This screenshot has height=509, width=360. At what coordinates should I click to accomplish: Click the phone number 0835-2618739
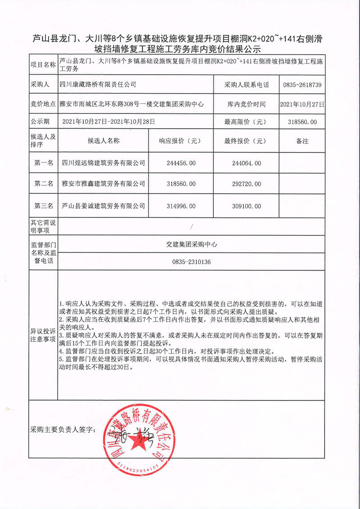click(x=302, y=85)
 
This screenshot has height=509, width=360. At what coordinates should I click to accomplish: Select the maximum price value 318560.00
click(x=302, y=122)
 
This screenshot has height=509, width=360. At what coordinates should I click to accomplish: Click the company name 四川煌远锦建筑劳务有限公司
click(x=103, y=163)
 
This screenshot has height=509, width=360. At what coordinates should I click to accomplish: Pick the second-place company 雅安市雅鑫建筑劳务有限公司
click(x=103, y=184)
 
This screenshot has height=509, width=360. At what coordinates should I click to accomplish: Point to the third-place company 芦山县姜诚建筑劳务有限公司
click(x=103, y=206)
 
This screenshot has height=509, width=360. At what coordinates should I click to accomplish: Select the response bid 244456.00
click(x=177, y=163)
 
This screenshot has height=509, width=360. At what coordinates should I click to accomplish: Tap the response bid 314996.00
click(x=177, y=206)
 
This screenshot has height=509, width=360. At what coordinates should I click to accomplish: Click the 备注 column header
click(x=302, y=141)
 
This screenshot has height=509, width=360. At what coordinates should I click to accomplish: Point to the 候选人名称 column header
click(x=103, y=141)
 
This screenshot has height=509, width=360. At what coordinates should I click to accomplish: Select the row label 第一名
click(x=43, y=163)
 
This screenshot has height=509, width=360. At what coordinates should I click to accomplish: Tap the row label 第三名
click(x=43, y=206)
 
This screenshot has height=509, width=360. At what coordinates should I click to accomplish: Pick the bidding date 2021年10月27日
click(x=302, y=104)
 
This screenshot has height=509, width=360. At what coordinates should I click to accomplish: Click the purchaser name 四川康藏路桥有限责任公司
click(x=98, y=85)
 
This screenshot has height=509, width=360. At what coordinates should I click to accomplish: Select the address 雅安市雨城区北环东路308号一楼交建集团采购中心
click(x=135, y=104)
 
